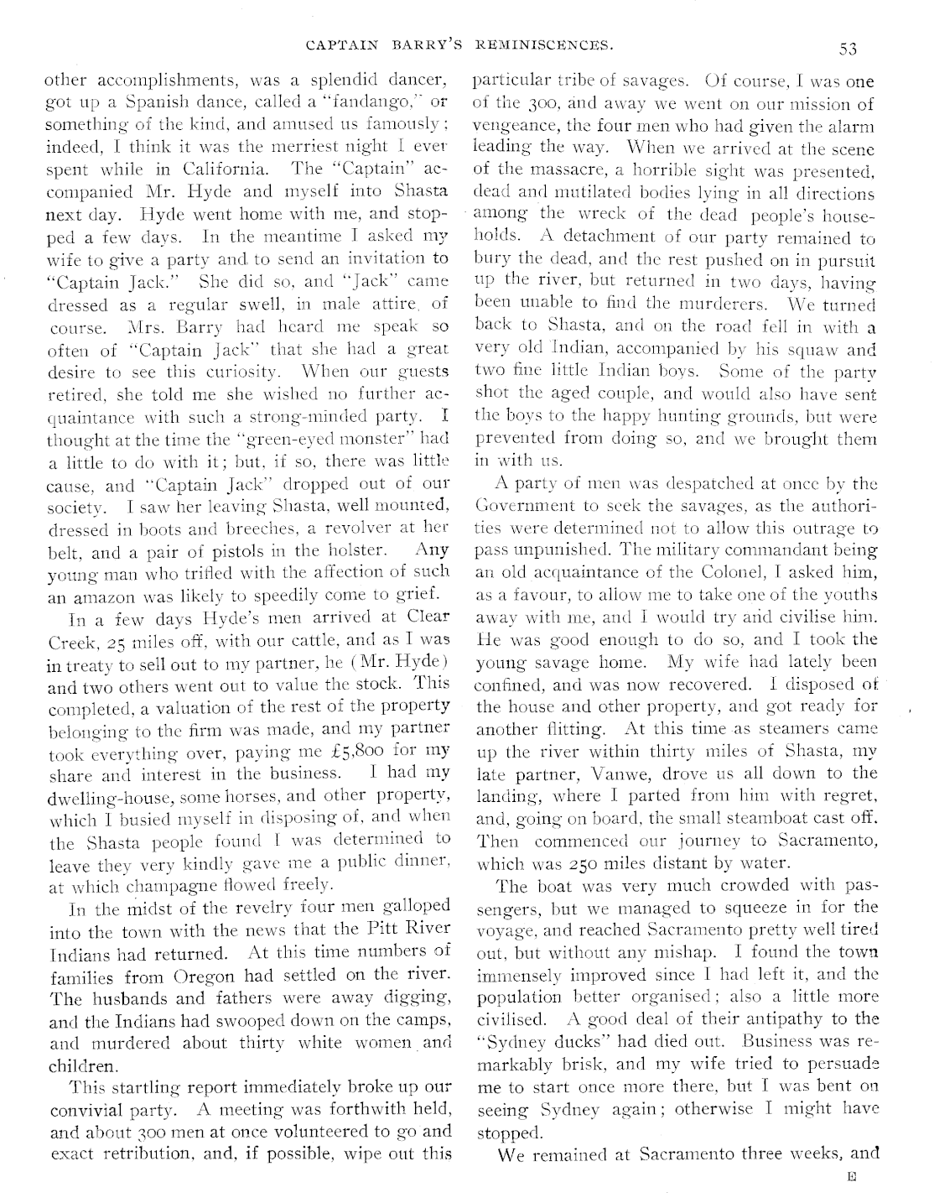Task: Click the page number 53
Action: [847, 49]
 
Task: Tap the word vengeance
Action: [507, 127]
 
